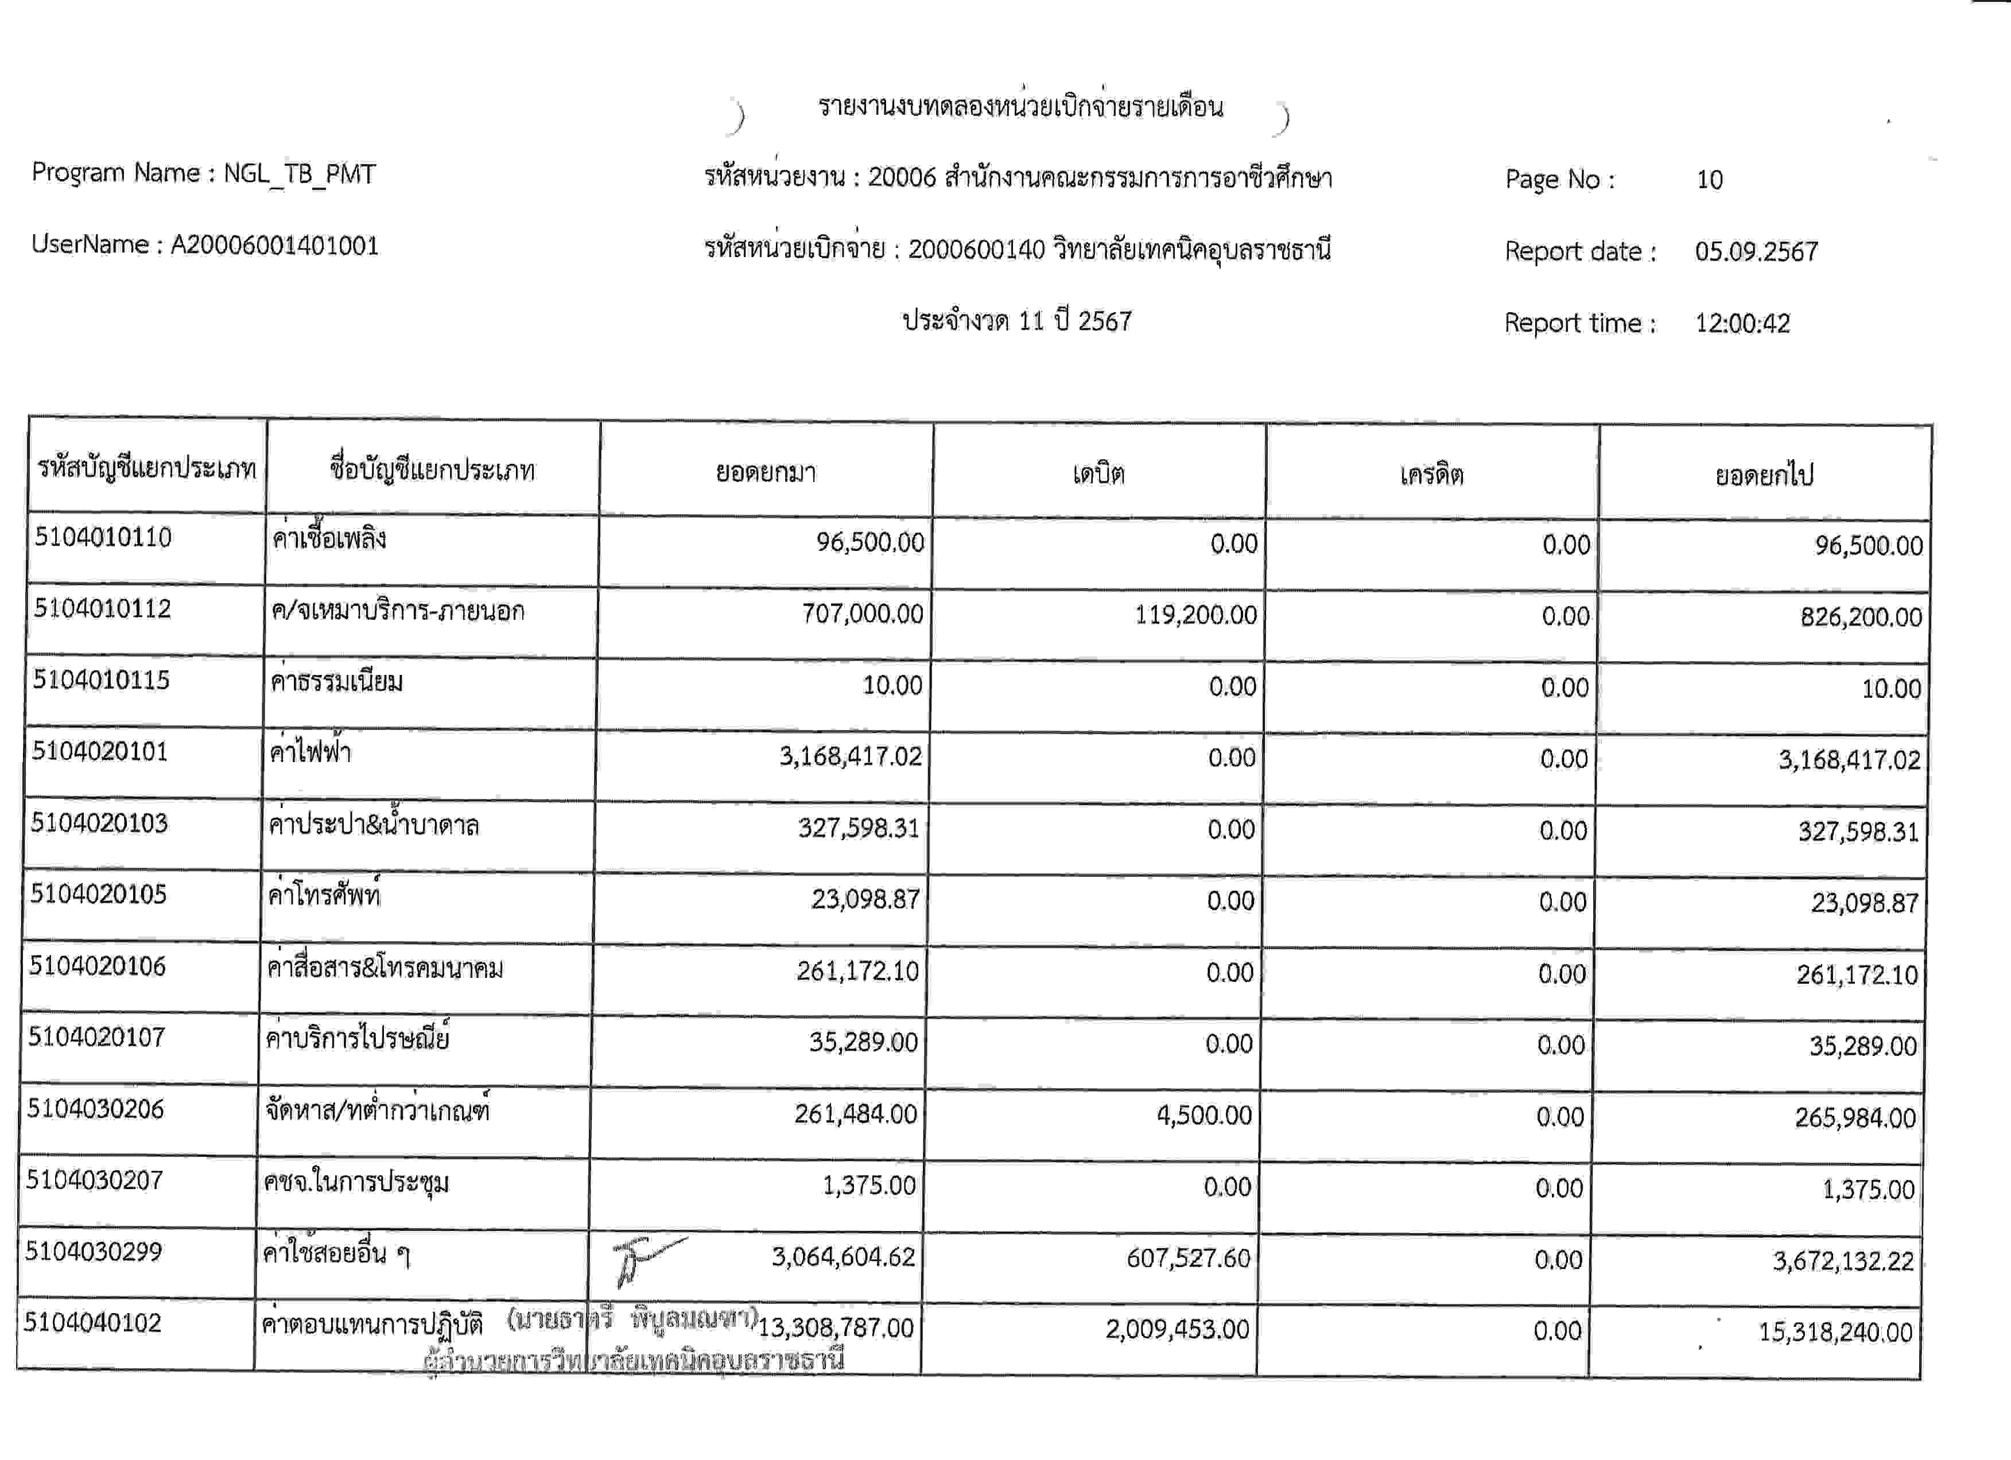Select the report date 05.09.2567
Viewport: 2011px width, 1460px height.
point(1756,252)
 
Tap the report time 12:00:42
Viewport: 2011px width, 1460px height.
point(1742,324)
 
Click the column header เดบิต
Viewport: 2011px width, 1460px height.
point(1098,474)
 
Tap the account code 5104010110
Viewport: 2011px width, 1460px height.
point(103,537)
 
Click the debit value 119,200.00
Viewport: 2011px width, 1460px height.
point(1195,614)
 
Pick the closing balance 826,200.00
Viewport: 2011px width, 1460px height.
point(1860,617)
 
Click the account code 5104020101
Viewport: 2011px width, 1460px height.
point(100,752)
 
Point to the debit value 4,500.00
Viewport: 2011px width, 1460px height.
point(1204,1115)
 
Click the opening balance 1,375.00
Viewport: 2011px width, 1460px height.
point(868,1185)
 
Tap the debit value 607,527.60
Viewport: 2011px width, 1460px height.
point(1187,1258)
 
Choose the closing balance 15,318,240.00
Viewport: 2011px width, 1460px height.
point(1835,1331)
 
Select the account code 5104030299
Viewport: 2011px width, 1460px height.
point(94,1252)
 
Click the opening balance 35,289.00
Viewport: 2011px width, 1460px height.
point(863,1042)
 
